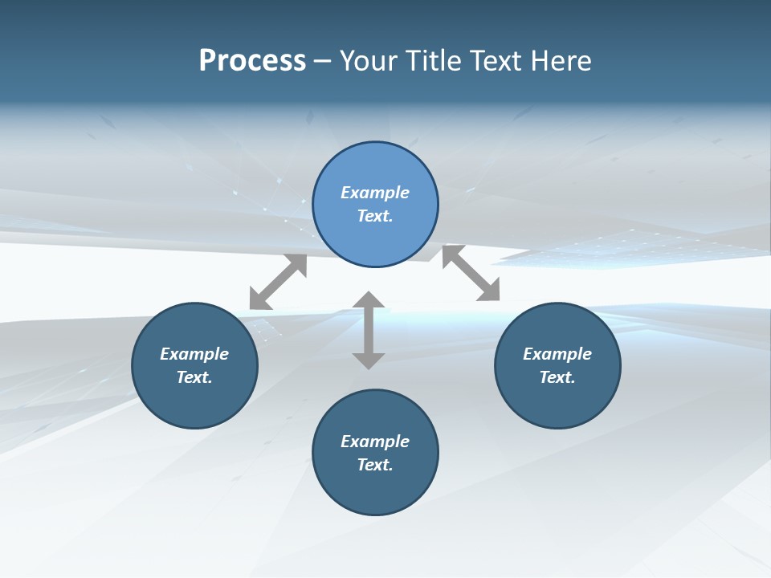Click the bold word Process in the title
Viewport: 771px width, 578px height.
252,61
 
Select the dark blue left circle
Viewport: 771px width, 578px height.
194,401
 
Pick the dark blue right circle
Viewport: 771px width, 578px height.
557,401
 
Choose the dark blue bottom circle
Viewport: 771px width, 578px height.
375,490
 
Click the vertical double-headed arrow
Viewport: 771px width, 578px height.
369,330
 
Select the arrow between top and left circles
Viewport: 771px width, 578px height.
278,282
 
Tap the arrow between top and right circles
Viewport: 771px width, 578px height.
471,274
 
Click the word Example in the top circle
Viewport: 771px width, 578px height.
375,193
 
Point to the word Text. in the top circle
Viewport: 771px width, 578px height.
375,216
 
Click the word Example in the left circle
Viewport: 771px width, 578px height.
194,354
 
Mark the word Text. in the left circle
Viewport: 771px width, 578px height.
194,377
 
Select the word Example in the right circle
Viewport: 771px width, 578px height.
557,354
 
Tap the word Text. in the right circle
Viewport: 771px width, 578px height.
557,377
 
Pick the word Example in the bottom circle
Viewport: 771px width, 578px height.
375,442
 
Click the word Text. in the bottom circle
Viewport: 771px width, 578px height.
375,465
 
